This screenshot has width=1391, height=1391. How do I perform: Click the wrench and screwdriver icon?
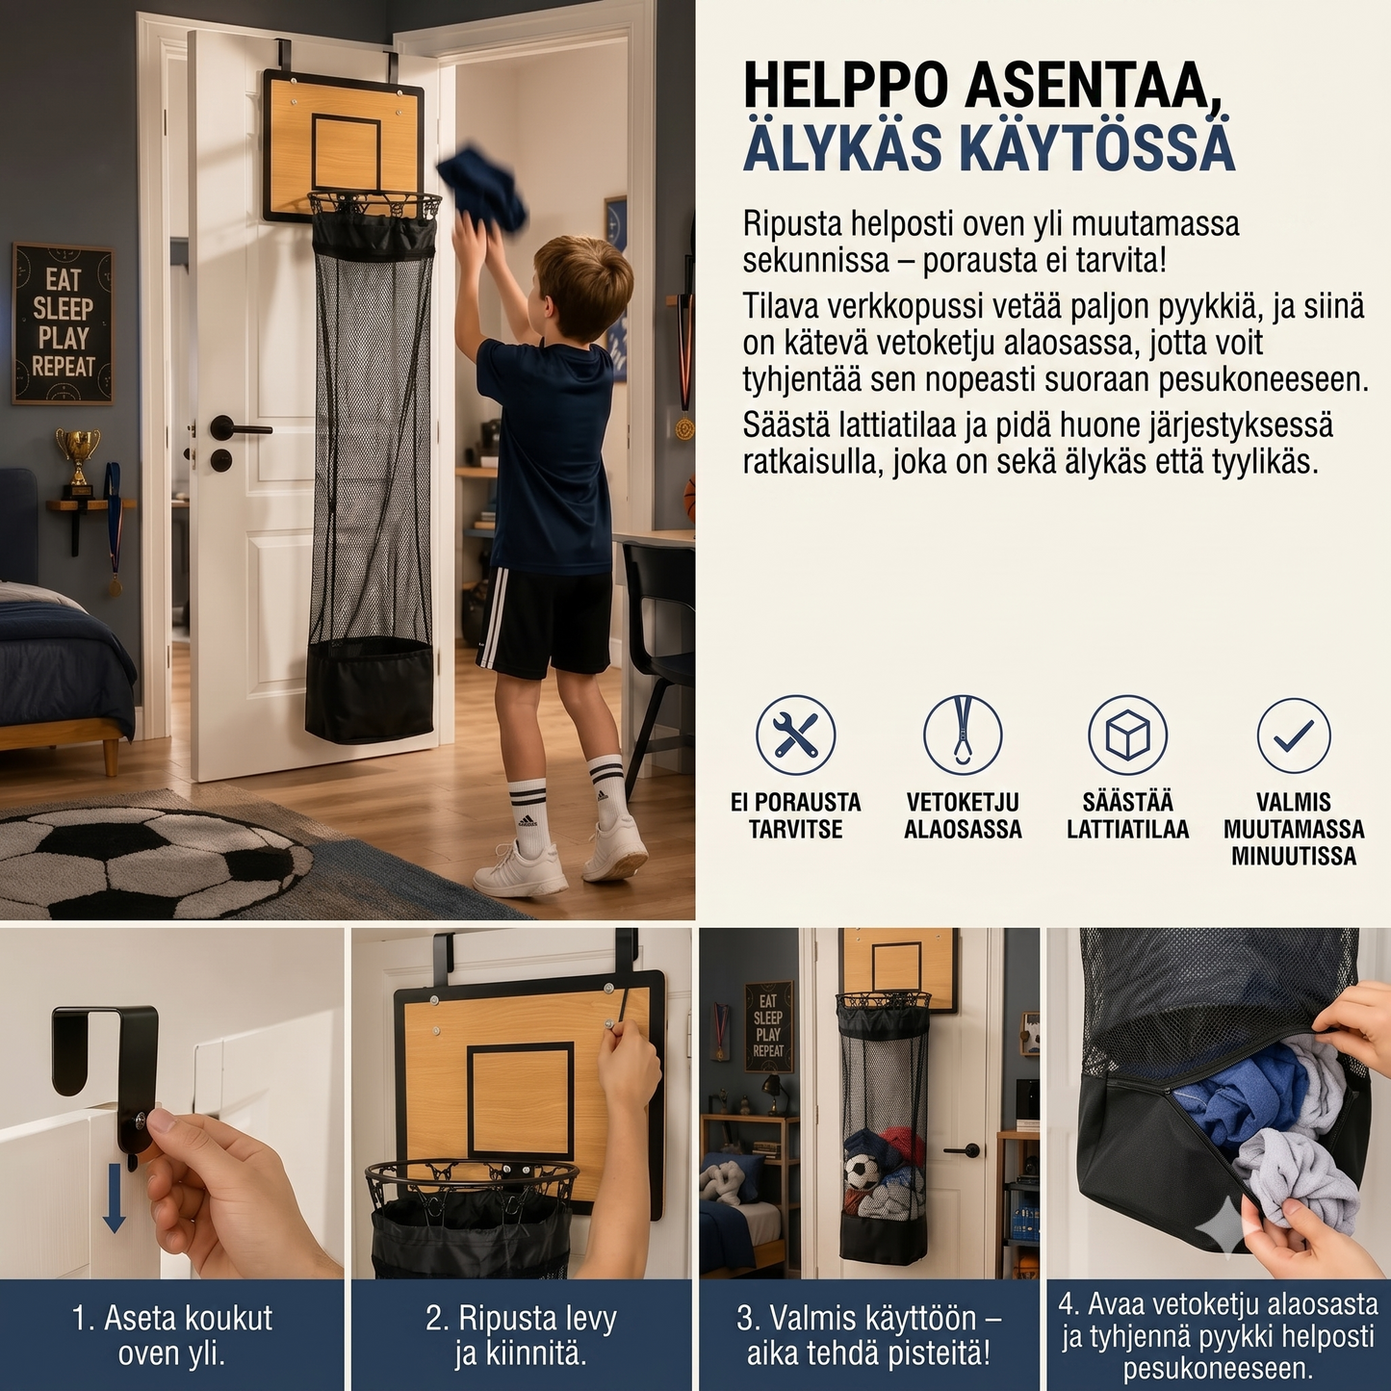tap(795, 735)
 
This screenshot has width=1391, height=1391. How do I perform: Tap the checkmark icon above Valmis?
tap(1294, 735)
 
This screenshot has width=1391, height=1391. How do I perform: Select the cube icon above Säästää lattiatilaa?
tap(1127, 735)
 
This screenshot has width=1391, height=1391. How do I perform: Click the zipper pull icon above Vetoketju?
tap(963, 735)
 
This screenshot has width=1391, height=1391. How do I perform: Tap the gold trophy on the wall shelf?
tap(78, 457)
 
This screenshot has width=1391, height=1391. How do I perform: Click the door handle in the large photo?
tap(236, 427)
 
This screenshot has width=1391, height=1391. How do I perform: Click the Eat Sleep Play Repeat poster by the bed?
tap(64, 322)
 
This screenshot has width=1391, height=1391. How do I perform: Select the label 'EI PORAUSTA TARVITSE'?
tap(795, 815)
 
